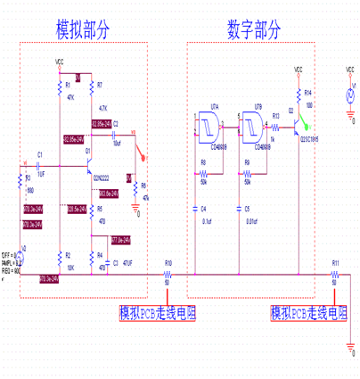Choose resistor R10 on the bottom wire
(168, 275)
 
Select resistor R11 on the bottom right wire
(335, 275)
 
